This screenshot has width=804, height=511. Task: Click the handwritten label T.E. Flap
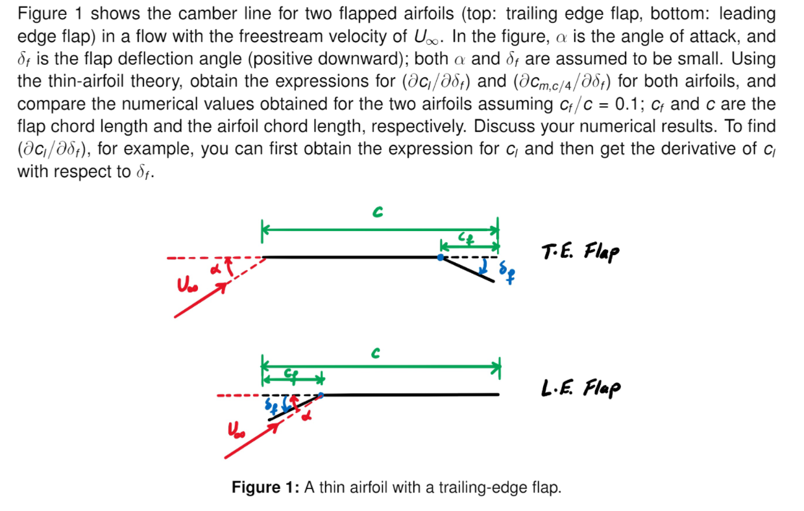coord(579,251)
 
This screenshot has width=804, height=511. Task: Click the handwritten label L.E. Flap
coord(580,388)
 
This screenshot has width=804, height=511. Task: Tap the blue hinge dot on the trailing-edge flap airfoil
coord(441,258)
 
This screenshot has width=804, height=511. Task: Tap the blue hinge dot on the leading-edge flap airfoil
coord(321,394)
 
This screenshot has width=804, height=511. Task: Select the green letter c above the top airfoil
coord(376,213)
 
